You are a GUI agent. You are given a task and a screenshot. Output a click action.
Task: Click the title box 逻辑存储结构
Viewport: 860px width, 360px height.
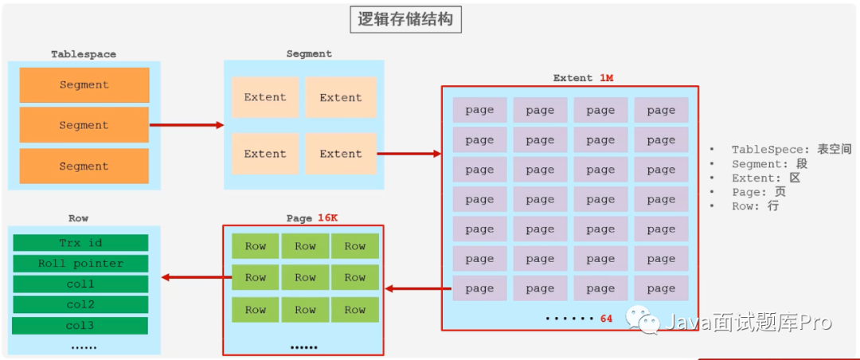click(x=405, y=19)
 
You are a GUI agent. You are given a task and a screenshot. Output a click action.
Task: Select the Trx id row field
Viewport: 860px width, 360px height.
click(x=80, y=243)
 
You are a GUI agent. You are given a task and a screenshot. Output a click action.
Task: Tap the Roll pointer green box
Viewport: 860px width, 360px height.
click(x=80, y=264)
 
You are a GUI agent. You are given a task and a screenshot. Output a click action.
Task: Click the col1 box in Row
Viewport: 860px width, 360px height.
click(x=80, y=284)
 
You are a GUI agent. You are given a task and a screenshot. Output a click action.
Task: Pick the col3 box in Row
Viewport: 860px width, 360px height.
click(x=80, y=326)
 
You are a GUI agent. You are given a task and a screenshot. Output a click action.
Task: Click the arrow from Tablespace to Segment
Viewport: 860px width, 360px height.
click(x=186, y=125)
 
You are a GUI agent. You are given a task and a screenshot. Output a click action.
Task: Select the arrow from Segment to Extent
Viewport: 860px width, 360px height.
click(x=409, y=154)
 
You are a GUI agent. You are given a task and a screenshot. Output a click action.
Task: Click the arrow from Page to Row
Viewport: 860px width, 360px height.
click(x=192, y=278)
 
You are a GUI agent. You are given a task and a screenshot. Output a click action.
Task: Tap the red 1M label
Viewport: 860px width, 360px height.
click(x=606, y=78)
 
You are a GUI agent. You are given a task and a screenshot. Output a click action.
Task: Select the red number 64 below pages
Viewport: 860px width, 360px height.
click(x=606, y=319)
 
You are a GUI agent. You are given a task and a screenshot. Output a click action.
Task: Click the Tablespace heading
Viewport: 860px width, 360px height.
click(x=84, y=54)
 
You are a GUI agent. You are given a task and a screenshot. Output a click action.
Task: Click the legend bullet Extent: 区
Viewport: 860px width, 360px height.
click(x=765, y=178)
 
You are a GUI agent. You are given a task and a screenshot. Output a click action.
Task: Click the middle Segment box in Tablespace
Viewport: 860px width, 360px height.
click(x=84, y=125)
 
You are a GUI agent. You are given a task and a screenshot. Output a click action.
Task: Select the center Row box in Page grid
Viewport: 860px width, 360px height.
click(x=305, y=278)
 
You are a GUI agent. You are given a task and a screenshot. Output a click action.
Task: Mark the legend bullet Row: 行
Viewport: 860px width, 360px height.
click(x=755, y=206)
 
